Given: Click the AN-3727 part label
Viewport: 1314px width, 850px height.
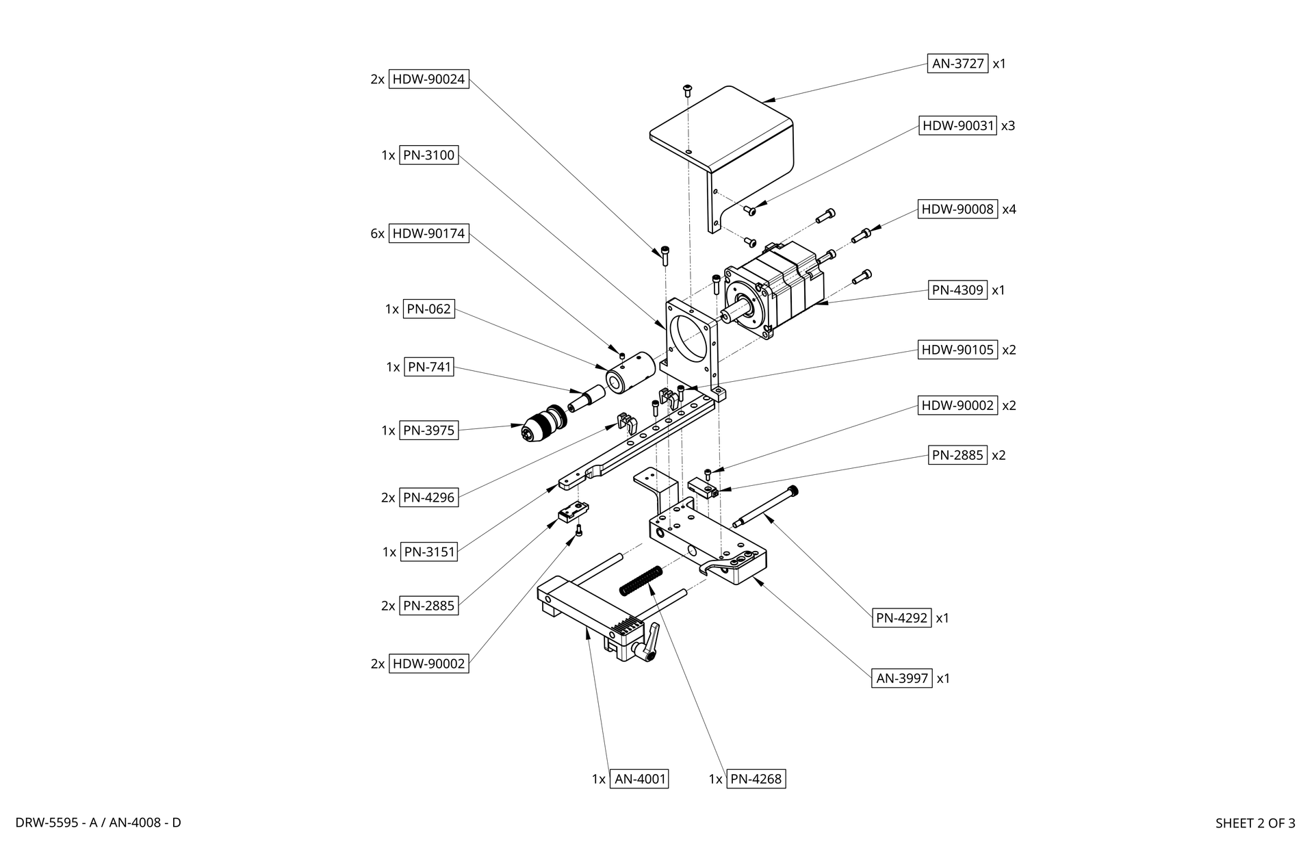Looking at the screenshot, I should point(957,64).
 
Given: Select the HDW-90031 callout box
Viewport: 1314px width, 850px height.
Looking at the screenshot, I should point(957,126).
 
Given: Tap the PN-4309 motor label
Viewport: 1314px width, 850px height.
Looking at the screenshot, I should point(957,290).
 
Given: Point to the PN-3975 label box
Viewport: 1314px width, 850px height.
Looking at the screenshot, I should point(428,430).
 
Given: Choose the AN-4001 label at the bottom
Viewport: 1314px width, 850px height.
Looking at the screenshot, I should point(639,779).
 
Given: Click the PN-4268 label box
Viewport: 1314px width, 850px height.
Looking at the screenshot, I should point(756,779).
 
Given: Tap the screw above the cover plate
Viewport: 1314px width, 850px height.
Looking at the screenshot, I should point(687,90).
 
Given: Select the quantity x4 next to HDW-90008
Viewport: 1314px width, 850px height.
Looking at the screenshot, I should point(1009,209).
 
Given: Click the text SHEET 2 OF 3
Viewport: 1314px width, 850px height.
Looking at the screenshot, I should point(1254,823).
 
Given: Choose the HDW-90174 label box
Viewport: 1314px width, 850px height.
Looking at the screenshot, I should point(428,233).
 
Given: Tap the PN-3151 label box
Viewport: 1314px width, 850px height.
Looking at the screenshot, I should point(428,552).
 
